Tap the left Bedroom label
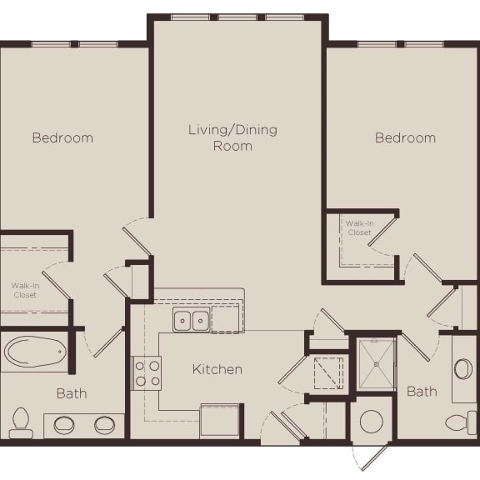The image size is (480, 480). pos(62,137)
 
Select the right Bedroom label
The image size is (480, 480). pos(405,137)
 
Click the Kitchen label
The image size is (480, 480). pos(217,369)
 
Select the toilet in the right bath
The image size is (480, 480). pos(461,422)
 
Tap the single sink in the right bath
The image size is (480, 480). pos(463,368)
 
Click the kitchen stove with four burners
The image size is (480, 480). pos(147,372)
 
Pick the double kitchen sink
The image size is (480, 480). pos(192,320)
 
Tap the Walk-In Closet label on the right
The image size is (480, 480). pos(358,227)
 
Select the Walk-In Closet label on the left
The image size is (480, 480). pos(24,290)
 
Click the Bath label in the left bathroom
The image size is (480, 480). pos(72,392)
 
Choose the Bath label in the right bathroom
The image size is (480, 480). pos(422,391)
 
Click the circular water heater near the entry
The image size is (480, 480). pos(372,422)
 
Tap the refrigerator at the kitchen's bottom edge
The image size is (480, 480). pos(220,420)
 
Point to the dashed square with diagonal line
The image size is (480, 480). pos(328,372)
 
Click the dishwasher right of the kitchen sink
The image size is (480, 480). pos(226,318)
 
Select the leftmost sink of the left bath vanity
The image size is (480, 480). pos(65,424)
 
